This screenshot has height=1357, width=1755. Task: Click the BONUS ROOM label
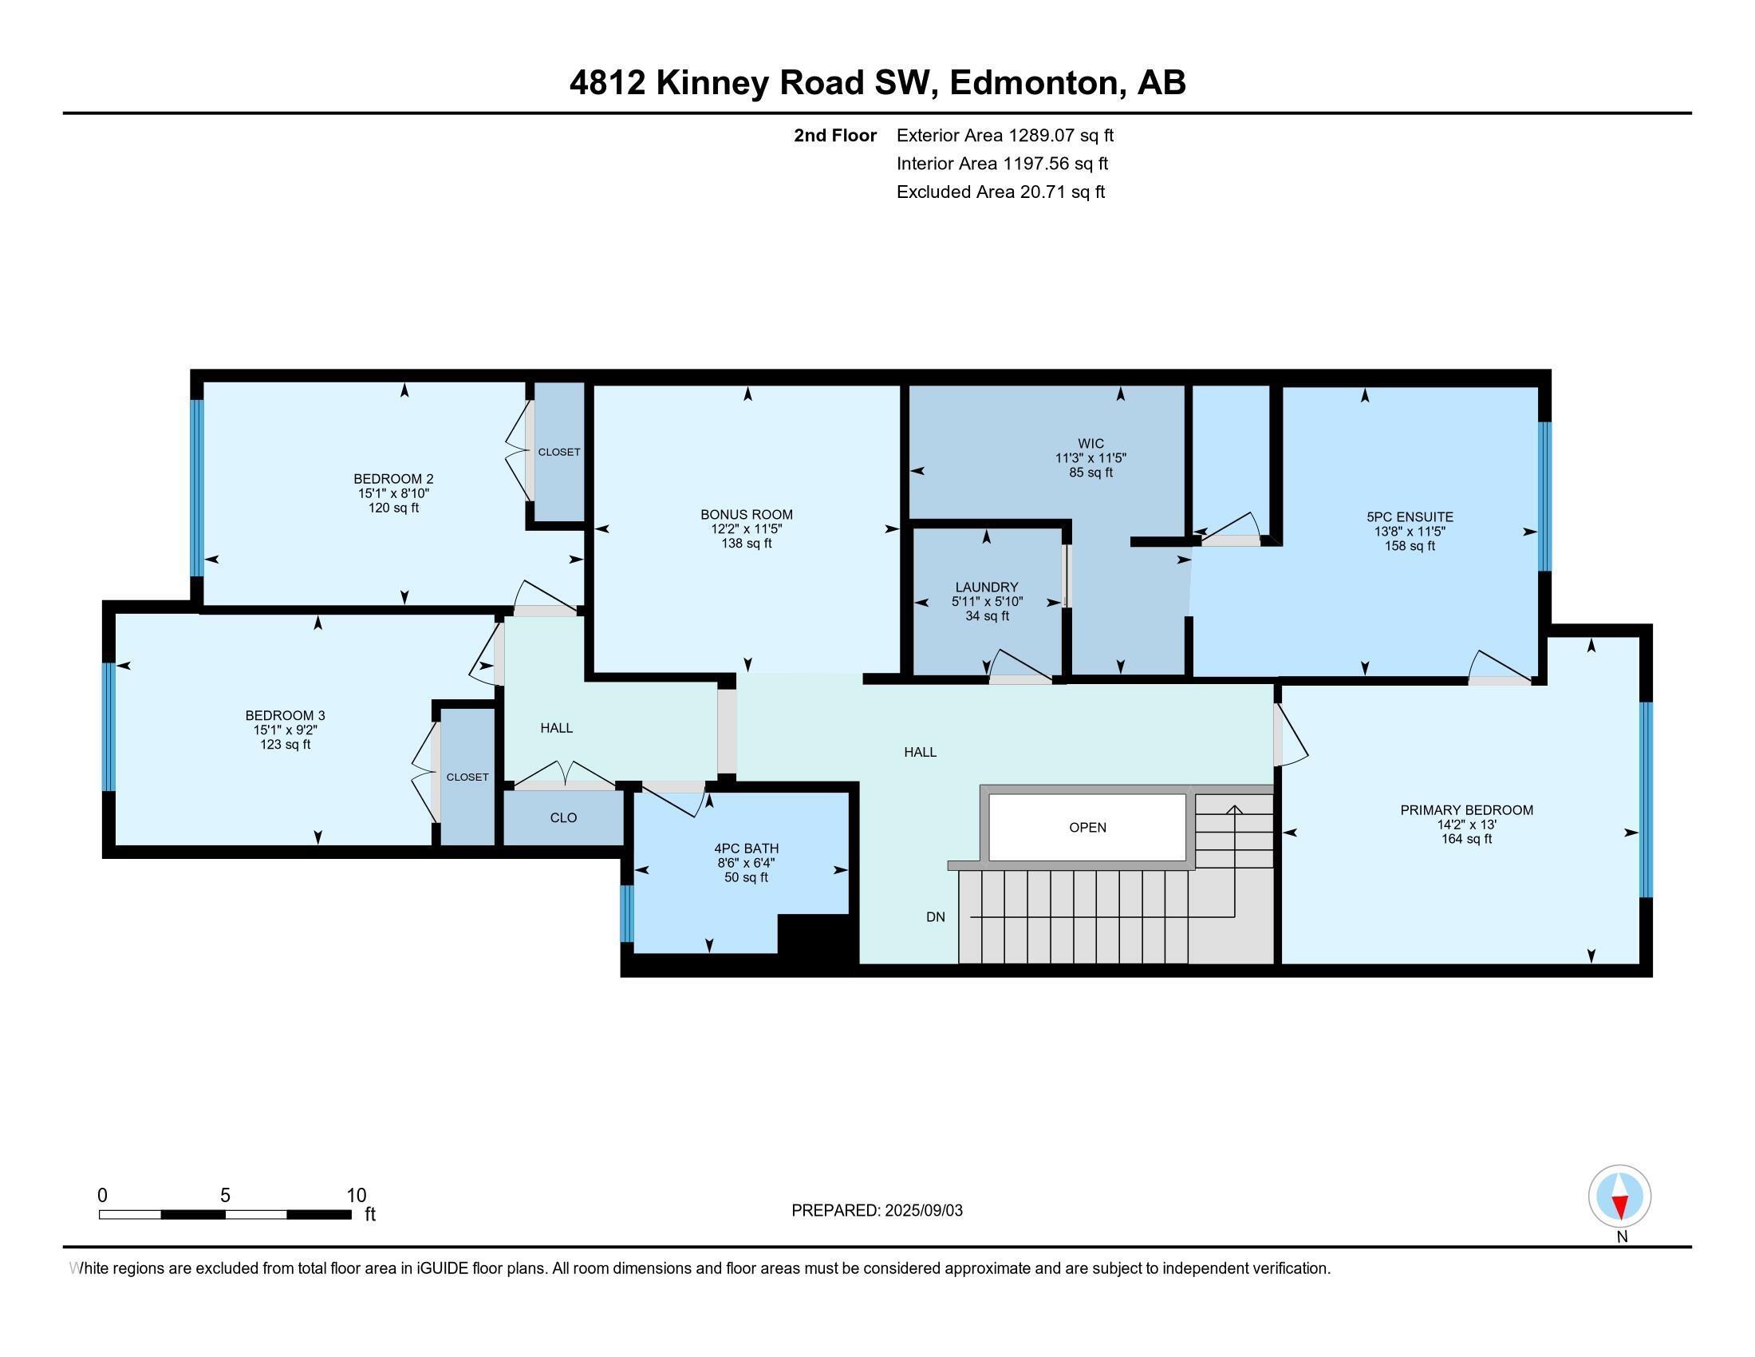pyautogui.click(x=746, y=515)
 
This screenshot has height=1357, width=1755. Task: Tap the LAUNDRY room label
pyautogui.click(x=986, y=588)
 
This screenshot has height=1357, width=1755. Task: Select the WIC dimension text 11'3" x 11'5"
pyautogui.click(x=1090, y=458)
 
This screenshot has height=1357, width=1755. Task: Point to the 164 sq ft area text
pyautogui.click(x=1465, y=839)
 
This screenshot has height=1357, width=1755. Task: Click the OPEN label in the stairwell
pyautogui.click(x=1087, y=827)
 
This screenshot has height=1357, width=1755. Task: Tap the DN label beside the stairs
pyautogui.click(x=936, y=916)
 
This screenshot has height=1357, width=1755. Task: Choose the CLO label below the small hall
pyautogui.click(x=563, y=817)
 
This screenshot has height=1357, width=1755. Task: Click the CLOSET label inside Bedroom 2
pyautogui.click(x=558, y=452)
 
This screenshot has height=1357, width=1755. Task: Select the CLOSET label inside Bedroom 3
pyautogui.click(x=467, y=777)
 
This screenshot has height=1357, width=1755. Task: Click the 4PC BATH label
pyautogui.click(x=746, y=848)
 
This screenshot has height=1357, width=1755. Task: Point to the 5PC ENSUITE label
pyautogui.click(x=1410, y=517)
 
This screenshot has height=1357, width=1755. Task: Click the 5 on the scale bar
pyautogui.click(x=225, y=1196)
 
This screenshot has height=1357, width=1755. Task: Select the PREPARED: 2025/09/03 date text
pyautogui.click(x=877, y=1211)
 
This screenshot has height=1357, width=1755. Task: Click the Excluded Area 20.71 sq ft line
pyautogui.click(x=1000, y=192)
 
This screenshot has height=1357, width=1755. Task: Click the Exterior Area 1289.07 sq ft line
pyautogui.click(x=1004, y=135)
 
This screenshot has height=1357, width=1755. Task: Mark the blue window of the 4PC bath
pyautogui.click(x=628, y=913)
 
